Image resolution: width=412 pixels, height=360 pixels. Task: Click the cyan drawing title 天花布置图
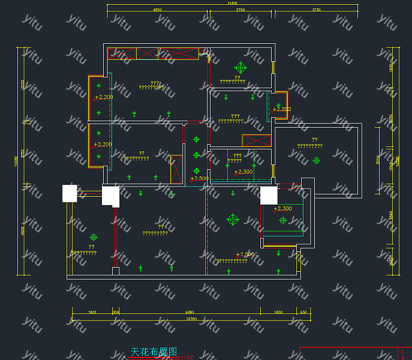[154, 352]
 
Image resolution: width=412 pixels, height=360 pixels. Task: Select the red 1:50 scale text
[187, 358]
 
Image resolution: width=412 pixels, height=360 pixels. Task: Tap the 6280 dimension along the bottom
[190, 313]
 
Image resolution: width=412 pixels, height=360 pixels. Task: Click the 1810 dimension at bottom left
[92, 313]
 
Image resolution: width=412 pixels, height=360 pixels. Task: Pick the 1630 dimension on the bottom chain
[278, 313]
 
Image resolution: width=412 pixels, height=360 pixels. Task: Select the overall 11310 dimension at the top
[232, 4]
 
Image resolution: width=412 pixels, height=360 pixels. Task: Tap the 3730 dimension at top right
[316, 10]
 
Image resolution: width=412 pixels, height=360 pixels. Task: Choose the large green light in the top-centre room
[241, 68]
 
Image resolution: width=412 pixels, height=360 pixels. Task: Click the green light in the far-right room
[317, 160]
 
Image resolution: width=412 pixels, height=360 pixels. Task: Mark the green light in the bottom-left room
[93, 238]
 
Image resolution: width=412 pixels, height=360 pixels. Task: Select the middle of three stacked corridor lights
[196, 155]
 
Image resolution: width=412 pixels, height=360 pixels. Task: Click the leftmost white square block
[70, 193]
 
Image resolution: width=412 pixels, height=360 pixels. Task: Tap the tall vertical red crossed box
[176, 169]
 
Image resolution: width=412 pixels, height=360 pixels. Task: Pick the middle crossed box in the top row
[147, 53]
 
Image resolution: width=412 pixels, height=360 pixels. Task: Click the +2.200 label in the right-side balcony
[281, 109]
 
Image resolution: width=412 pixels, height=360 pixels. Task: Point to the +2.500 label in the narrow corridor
[199, 178]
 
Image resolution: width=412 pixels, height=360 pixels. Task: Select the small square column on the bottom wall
[116, 271]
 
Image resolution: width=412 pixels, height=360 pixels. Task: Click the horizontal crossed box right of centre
[257, 141]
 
